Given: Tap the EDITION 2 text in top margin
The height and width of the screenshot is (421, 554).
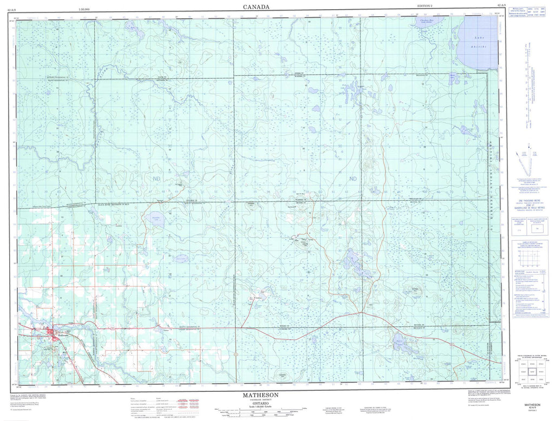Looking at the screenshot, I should [426, 5].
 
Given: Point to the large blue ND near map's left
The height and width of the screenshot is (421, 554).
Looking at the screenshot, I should [99, 178].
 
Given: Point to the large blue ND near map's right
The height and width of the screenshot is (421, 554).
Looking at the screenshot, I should [353, 178].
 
